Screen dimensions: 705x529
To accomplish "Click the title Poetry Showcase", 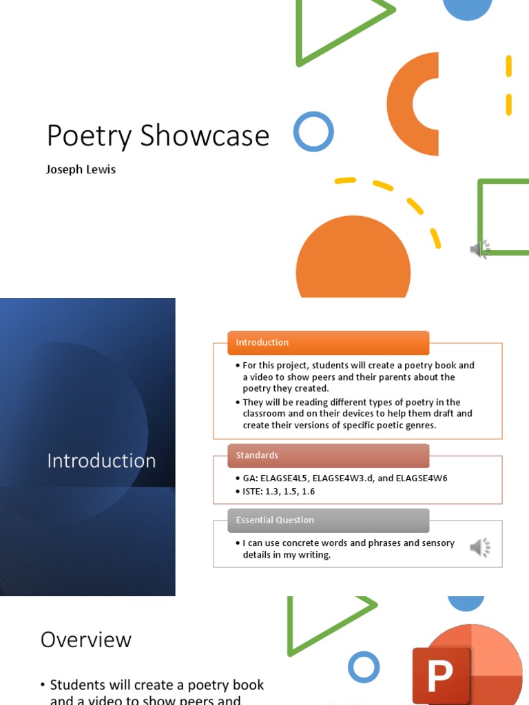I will pos(158,136).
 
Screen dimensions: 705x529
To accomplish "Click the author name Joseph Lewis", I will pos(81,169).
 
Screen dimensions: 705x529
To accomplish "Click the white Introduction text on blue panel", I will pos(101,461).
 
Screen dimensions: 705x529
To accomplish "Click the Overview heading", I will pos(86,640).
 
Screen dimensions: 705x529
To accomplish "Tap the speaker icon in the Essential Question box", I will pos(480,548).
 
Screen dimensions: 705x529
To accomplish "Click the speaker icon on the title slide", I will pos(480,249).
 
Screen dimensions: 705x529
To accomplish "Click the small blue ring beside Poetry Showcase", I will pos(313,131).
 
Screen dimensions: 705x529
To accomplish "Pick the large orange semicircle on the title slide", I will pos(353,262).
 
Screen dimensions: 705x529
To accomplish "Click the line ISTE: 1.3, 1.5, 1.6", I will pos(279,492).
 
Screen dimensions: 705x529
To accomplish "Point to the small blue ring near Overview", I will pos(364,667).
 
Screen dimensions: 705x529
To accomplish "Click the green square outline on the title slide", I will pos(504,218).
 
